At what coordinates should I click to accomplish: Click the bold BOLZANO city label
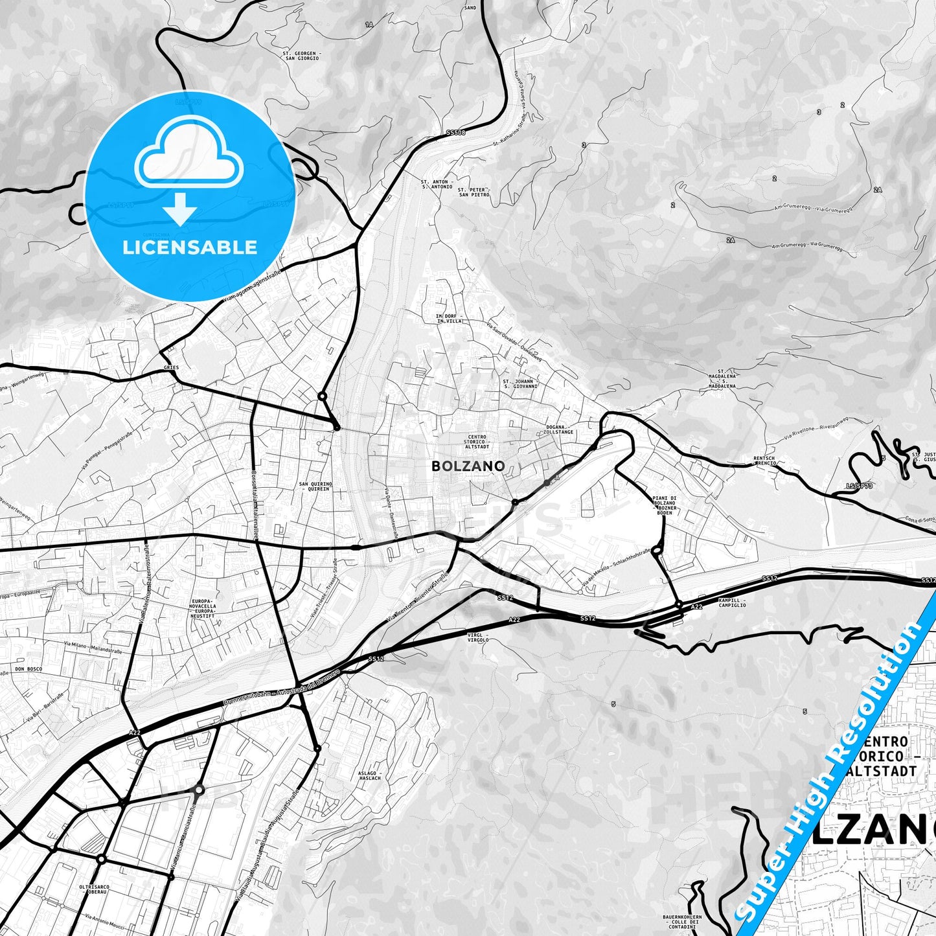coord(468,466)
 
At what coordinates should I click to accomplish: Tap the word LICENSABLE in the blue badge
coord(190,247)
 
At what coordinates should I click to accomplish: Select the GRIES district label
coord(172,367)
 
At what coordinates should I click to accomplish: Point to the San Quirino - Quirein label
coord(315,486)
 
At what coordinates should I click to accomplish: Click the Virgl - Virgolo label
coord(478,637)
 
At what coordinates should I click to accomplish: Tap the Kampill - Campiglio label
coord(732,602)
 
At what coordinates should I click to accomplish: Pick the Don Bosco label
coord(29,668)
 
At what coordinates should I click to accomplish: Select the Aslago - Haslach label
coord(370,775)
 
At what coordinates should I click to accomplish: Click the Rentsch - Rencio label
coord(764,461)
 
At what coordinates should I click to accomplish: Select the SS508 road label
coord(455,133)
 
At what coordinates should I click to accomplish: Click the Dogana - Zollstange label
coord(559,429)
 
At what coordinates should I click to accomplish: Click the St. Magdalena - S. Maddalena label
coord(722,378)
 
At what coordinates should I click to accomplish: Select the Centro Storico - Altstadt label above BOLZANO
coord(477,442)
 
